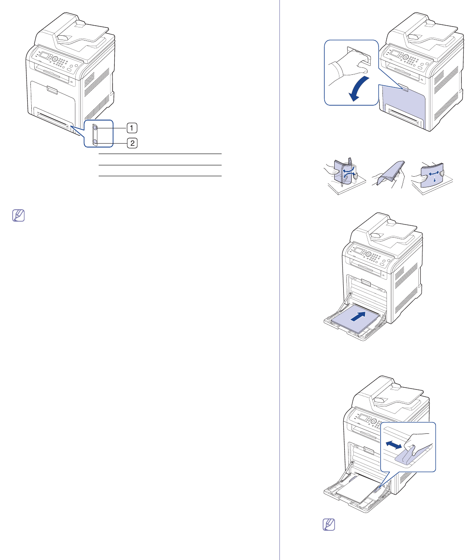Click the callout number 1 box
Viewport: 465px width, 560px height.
click(132, 128)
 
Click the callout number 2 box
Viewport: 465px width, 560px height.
click(132, 143)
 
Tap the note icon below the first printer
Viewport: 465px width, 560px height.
click(19, 215)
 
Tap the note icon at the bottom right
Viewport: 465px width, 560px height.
click(329, 524)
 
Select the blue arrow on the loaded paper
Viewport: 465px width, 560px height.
click(358, 316)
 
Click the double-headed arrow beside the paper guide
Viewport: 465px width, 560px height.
click(394, 445)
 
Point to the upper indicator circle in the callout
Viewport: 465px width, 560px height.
click(95, 128)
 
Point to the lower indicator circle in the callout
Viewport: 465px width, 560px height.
click(95, 141)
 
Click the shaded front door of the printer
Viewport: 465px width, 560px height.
click(403, 102)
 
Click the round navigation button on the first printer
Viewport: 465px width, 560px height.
click(55, 59)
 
